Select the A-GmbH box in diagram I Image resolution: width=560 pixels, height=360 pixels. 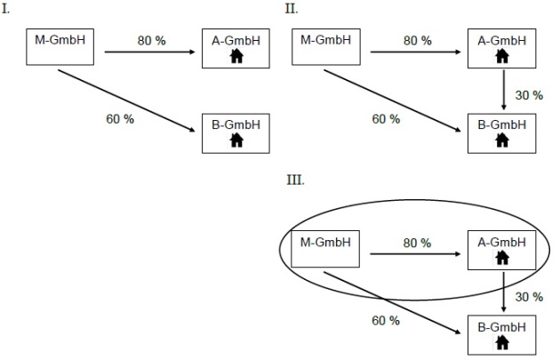coord(236,49)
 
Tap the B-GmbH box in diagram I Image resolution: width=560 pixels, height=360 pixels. coord(236,133)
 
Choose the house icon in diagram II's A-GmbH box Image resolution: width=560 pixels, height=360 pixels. coord(502,57)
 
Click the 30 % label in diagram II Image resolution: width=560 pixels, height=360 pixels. coord(528,96)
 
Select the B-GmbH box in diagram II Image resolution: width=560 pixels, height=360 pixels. coord(502,133)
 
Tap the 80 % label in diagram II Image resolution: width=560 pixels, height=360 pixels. coord(416,41)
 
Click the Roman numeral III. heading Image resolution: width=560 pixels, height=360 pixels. coord(295,180)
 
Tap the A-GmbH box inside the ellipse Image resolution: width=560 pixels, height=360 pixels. coord(502,251)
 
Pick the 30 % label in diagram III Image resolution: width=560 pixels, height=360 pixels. coord(528,297)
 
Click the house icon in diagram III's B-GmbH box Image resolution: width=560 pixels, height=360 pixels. coord(502,342)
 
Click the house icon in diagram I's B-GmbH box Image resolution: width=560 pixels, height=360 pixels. coord(236,140)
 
